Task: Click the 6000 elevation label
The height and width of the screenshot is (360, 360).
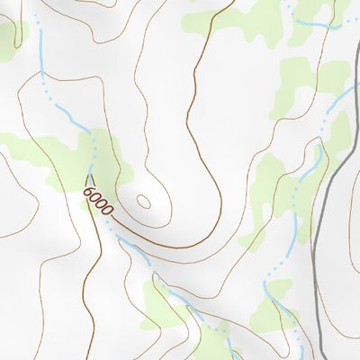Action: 97,200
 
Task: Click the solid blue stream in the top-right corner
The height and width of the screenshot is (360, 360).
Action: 315,22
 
